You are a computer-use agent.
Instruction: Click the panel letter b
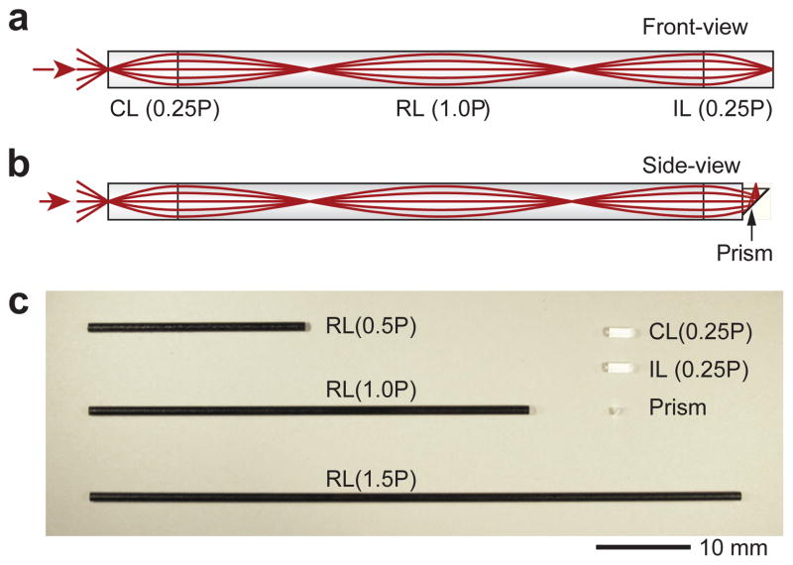click(x=19, y=164)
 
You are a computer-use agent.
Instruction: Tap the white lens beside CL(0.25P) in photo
click(x=621, y=332)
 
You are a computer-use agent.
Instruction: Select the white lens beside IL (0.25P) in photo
click(x=620, y=368)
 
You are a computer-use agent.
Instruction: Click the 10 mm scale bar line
click(x=643, y=544)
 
